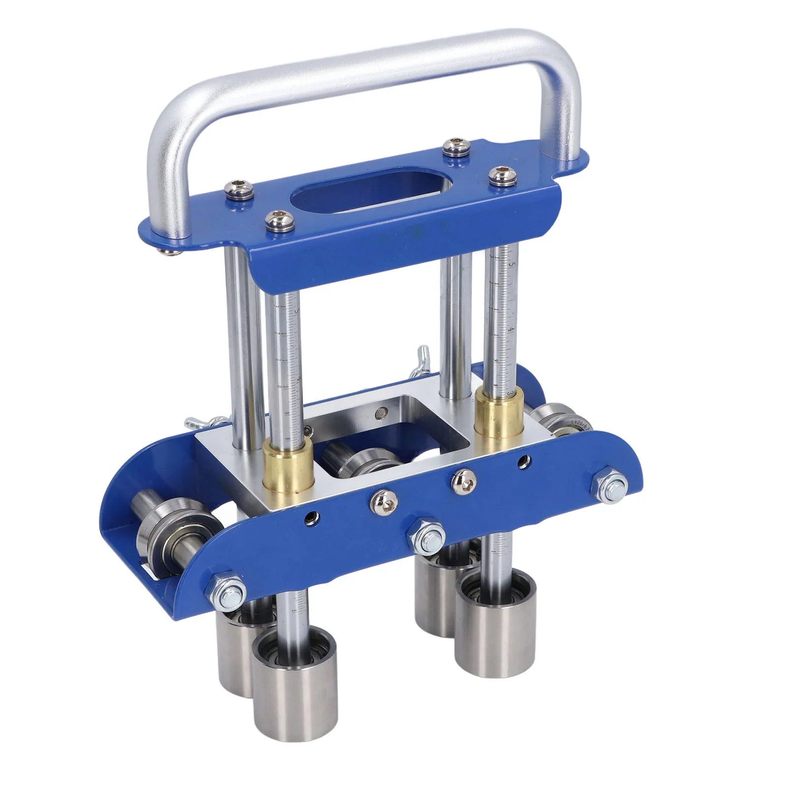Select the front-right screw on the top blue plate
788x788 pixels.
[500, 176]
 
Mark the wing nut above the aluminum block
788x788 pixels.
[422, 359]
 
